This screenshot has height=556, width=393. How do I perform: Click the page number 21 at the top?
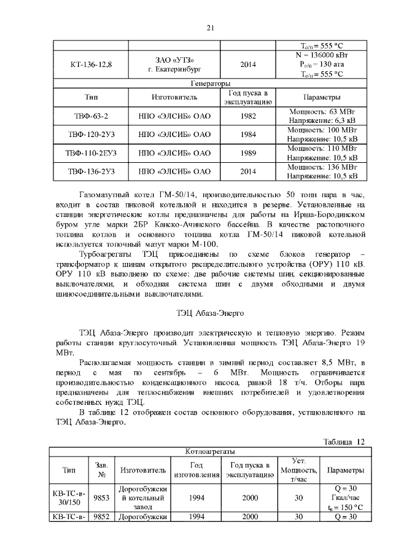[x=209, y=28]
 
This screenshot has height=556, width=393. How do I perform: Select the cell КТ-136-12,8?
[x=89, y=65]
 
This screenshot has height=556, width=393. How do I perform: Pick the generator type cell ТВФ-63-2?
[x=89, y=116]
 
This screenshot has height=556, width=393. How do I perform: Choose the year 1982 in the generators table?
[x=249, y=116]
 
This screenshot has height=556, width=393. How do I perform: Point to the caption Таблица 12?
[x=344, y=441]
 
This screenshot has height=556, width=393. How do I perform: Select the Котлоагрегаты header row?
[x=209, y=452]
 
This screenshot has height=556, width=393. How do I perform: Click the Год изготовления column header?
[x=196, y=470]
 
